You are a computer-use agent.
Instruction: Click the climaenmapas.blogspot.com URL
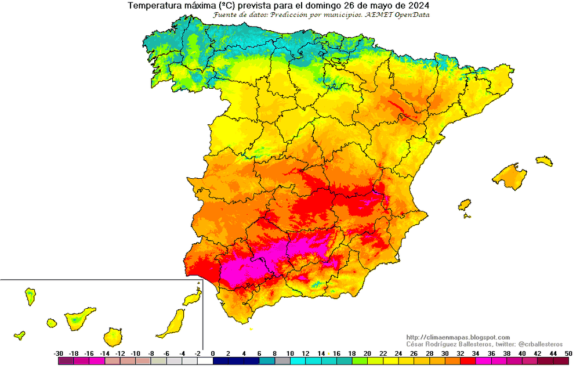pos(458,337)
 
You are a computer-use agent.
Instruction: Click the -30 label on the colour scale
pos(59,353)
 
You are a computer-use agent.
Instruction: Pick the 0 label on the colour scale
pos(213,353)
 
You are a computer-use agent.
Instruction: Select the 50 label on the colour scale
pos(568,353)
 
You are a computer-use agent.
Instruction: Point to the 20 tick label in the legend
pos(367,353)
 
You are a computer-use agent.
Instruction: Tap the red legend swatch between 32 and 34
pos(467,361)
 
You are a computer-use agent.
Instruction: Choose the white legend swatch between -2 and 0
pos(205,361)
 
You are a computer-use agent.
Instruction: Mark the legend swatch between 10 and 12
pos(298,361)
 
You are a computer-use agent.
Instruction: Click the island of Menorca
pos(544,160)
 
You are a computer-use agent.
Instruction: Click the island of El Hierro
pos(19,335)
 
